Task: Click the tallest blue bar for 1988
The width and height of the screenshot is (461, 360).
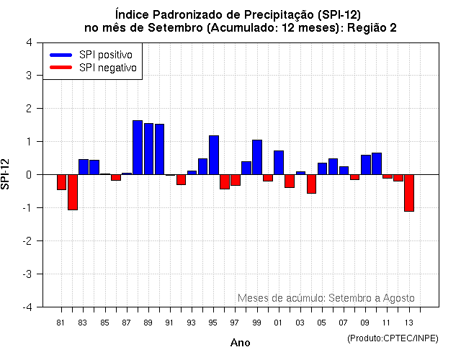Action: [138, 148]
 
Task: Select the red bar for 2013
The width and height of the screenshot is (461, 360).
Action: [409, 193]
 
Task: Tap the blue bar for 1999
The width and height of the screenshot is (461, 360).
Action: [257, 157]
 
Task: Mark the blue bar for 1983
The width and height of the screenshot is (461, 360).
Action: [84, 167]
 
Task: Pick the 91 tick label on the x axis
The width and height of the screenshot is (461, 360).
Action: [169, 323]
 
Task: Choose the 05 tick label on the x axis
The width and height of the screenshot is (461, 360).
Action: [321, 323]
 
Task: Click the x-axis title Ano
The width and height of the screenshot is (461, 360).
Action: [240, 343]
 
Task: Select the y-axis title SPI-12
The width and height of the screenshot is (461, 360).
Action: [6, 174]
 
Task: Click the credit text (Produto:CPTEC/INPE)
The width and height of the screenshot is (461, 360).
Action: [392, 338]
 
